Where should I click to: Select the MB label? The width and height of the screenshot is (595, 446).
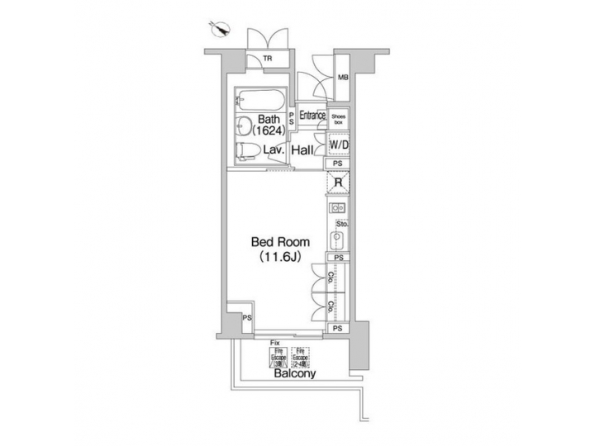pos(342,79)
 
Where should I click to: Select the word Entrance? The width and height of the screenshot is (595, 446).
pos(312,116)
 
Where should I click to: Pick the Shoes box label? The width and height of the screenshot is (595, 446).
pos(340,118)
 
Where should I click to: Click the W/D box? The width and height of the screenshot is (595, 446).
pos(339,145)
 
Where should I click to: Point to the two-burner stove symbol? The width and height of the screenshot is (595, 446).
pos(338,208)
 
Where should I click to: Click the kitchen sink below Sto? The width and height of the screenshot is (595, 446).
pos(337,241)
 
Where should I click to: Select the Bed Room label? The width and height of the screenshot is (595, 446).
pos(281,243)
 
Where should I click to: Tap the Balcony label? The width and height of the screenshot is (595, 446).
pos(294,374)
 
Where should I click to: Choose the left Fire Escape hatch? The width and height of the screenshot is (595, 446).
pos(276,357)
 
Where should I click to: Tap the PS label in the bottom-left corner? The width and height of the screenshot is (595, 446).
pos(246,319)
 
